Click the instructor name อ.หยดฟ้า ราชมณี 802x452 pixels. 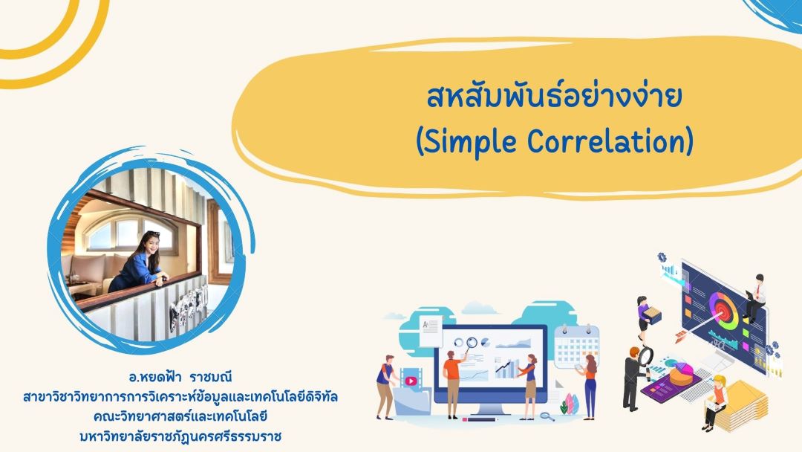180,377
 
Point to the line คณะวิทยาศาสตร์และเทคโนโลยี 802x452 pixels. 180,416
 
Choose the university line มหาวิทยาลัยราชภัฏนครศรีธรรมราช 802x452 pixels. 180,436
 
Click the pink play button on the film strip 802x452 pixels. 411,381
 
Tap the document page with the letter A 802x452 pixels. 431,331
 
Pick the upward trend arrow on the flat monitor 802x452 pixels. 503,365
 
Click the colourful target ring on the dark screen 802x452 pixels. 723,310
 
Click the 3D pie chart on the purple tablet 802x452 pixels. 681,375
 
